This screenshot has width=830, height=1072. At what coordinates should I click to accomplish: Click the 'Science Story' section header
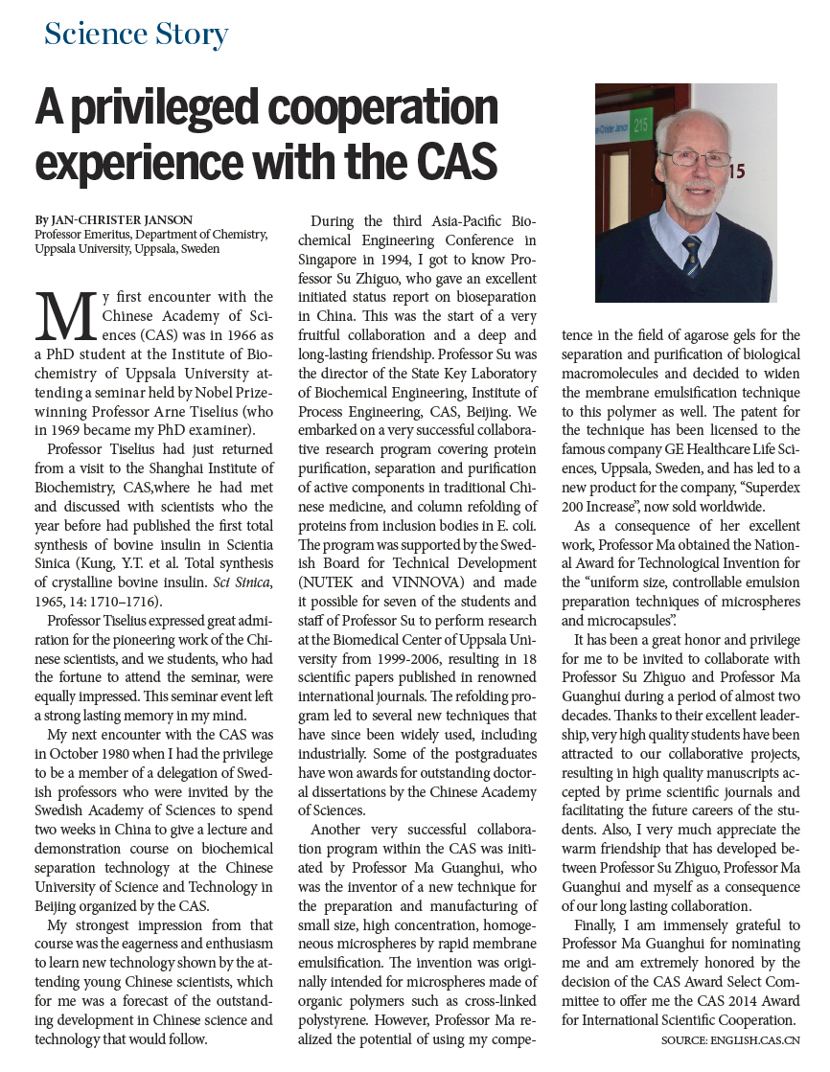(x=136, y=34)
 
